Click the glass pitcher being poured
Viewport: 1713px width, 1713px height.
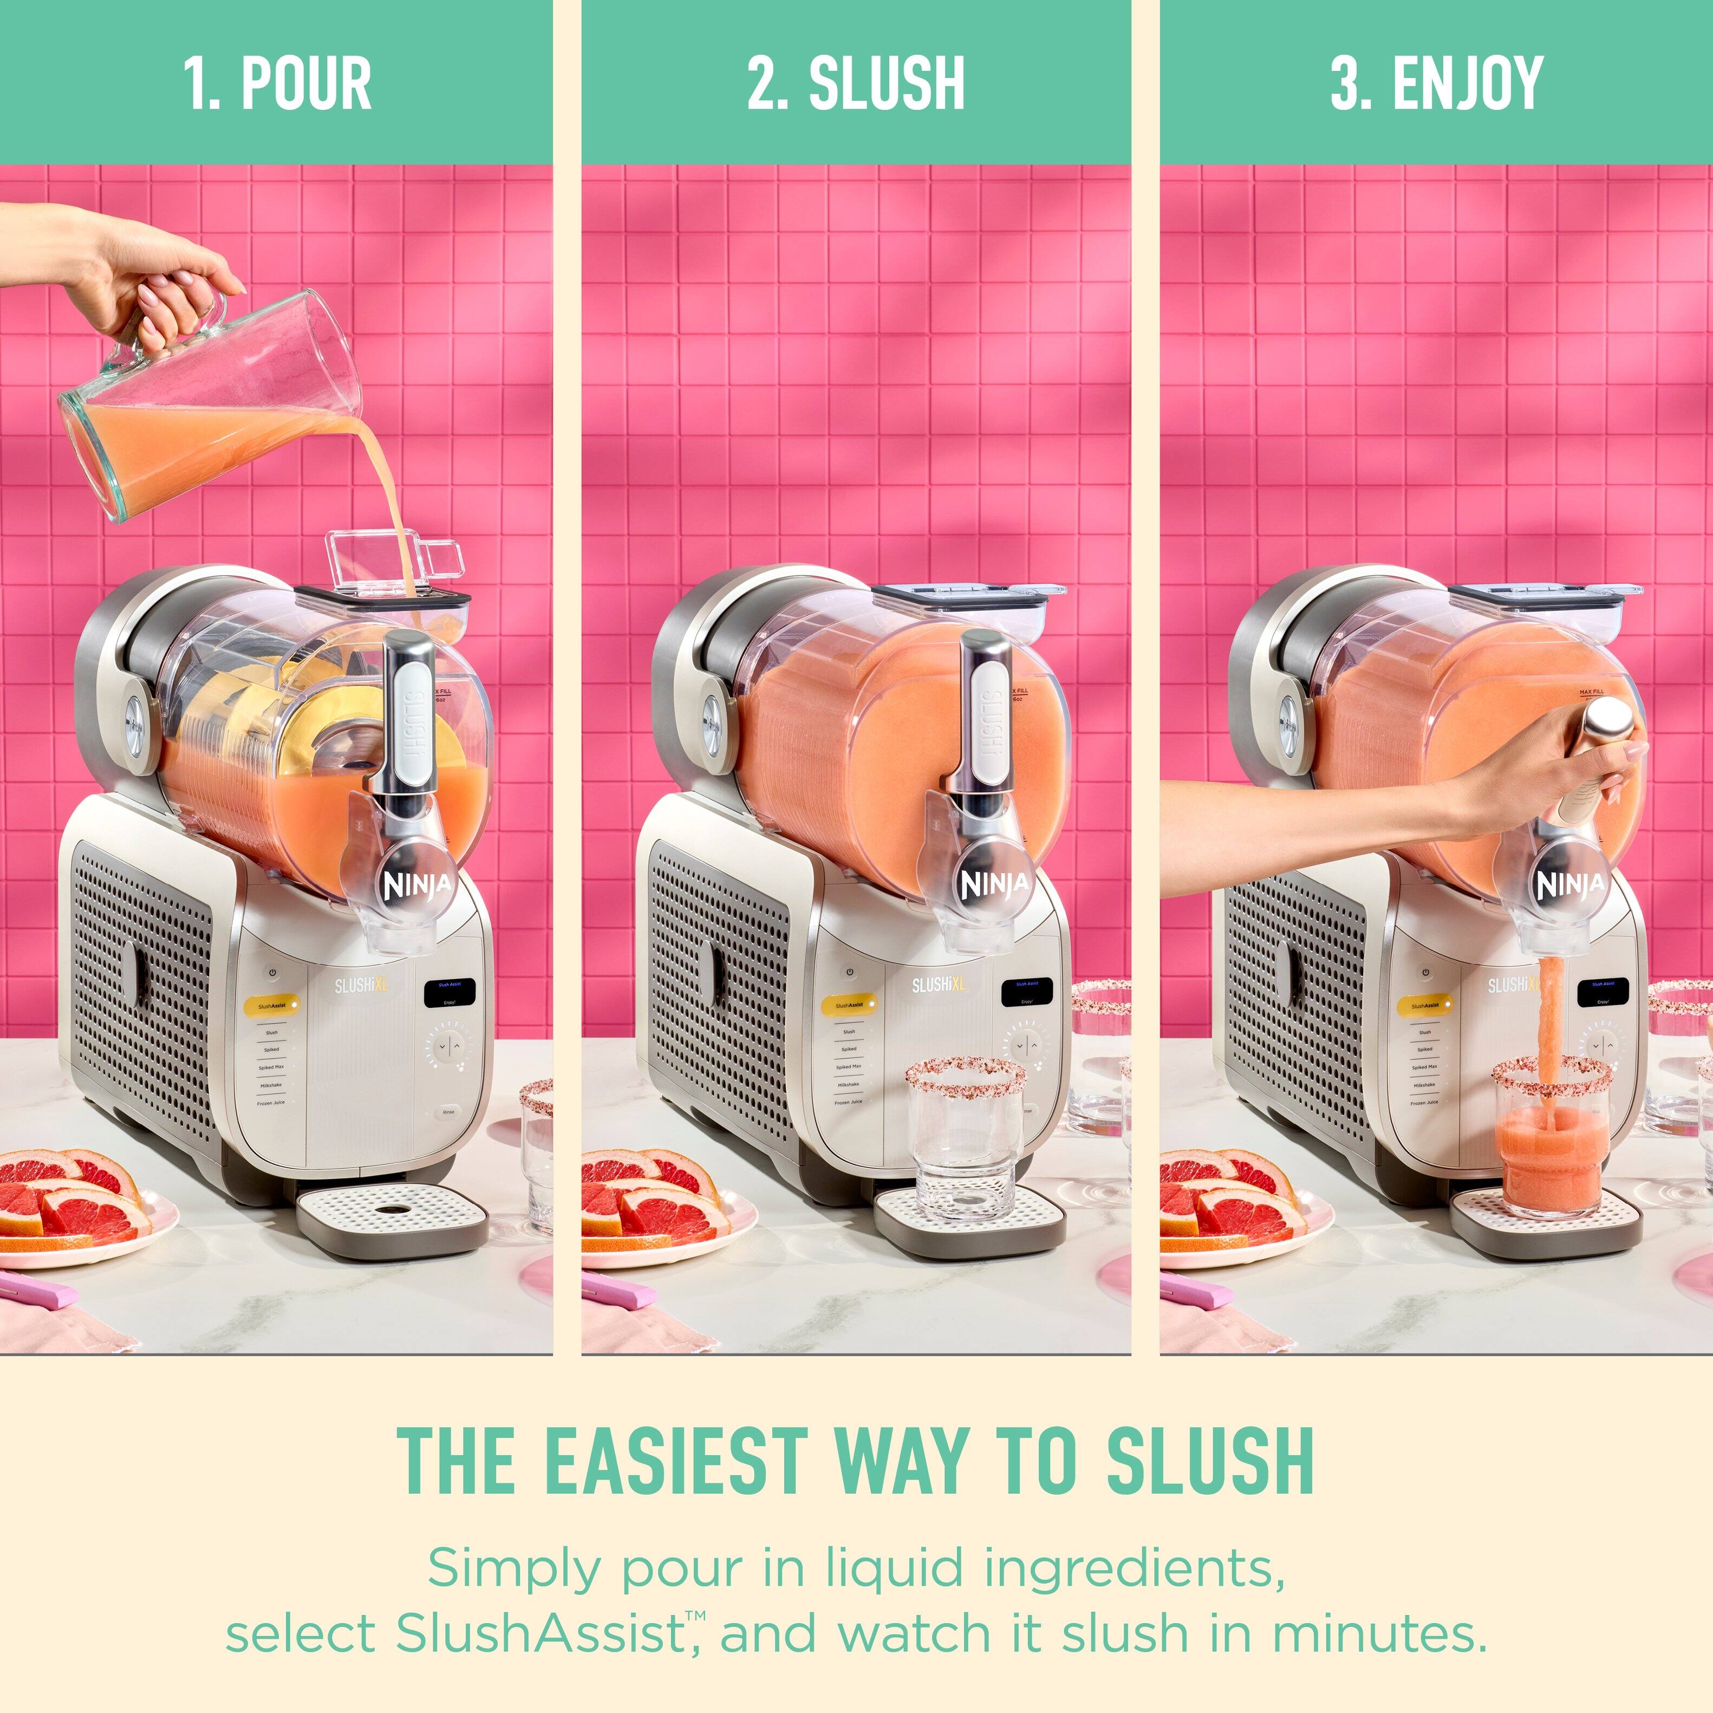tap(213, 399)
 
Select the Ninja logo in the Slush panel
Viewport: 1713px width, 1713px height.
tap(995, 884)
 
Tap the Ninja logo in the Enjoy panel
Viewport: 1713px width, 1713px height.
tap(1570, 884)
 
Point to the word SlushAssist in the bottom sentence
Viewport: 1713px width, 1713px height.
tap(538, 1633)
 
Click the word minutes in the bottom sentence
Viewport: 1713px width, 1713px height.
tap(1379, 1633)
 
